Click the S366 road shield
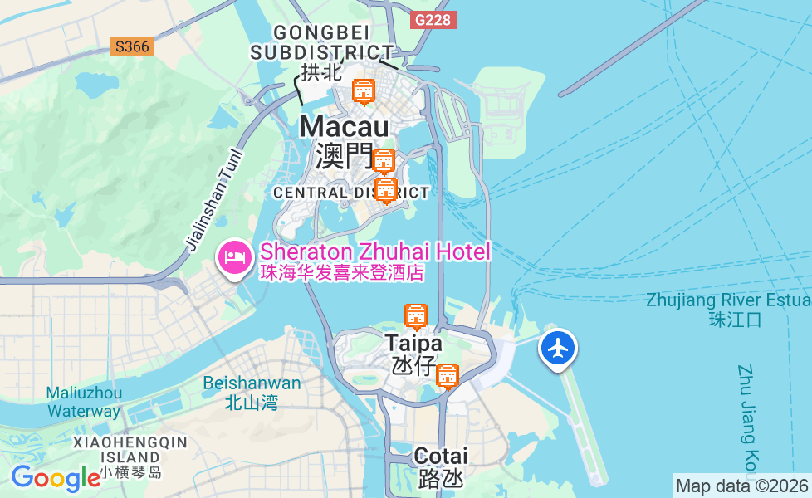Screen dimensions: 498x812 [132, 46]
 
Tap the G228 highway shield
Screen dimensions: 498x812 [433, 19]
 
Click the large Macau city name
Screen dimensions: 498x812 [344, 127]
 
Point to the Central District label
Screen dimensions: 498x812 [351, 193]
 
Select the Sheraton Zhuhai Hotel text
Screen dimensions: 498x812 [375, 251]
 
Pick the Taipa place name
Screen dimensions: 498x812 [413, 343]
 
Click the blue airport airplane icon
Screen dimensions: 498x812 [558, 348]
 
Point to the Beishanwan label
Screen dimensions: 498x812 [252, 383]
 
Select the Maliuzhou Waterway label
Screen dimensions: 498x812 [84, 402]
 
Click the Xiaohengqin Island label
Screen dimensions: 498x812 [130, 450]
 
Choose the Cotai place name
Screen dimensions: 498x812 [440, 456]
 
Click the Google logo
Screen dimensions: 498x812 [56, 478]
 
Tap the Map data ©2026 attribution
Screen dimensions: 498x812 [742, 486]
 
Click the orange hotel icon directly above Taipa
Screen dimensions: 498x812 [416, 315]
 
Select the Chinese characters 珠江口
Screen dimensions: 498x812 [735, 320]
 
